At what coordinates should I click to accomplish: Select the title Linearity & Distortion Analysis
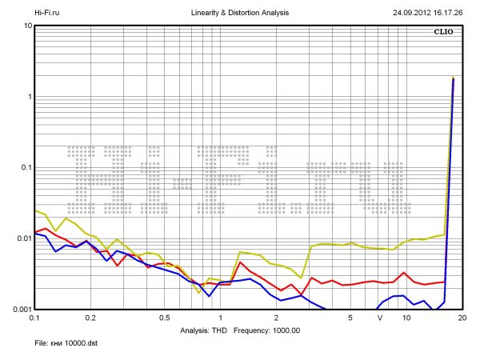click(239, 14)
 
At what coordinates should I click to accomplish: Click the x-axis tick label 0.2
click(90, 318)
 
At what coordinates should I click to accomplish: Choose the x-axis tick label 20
click(462, 318)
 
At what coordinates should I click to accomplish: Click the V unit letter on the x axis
click(381, 318)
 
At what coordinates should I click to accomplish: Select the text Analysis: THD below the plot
click(205, 330)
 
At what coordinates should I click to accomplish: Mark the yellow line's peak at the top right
click(453, 78)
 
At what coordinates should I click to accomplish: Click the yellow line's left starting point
click(35, 210)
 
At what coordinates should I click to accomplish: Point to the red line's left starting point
click(35, 233)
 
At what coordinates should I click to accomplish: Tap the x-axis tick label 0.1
click(35, 318)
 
